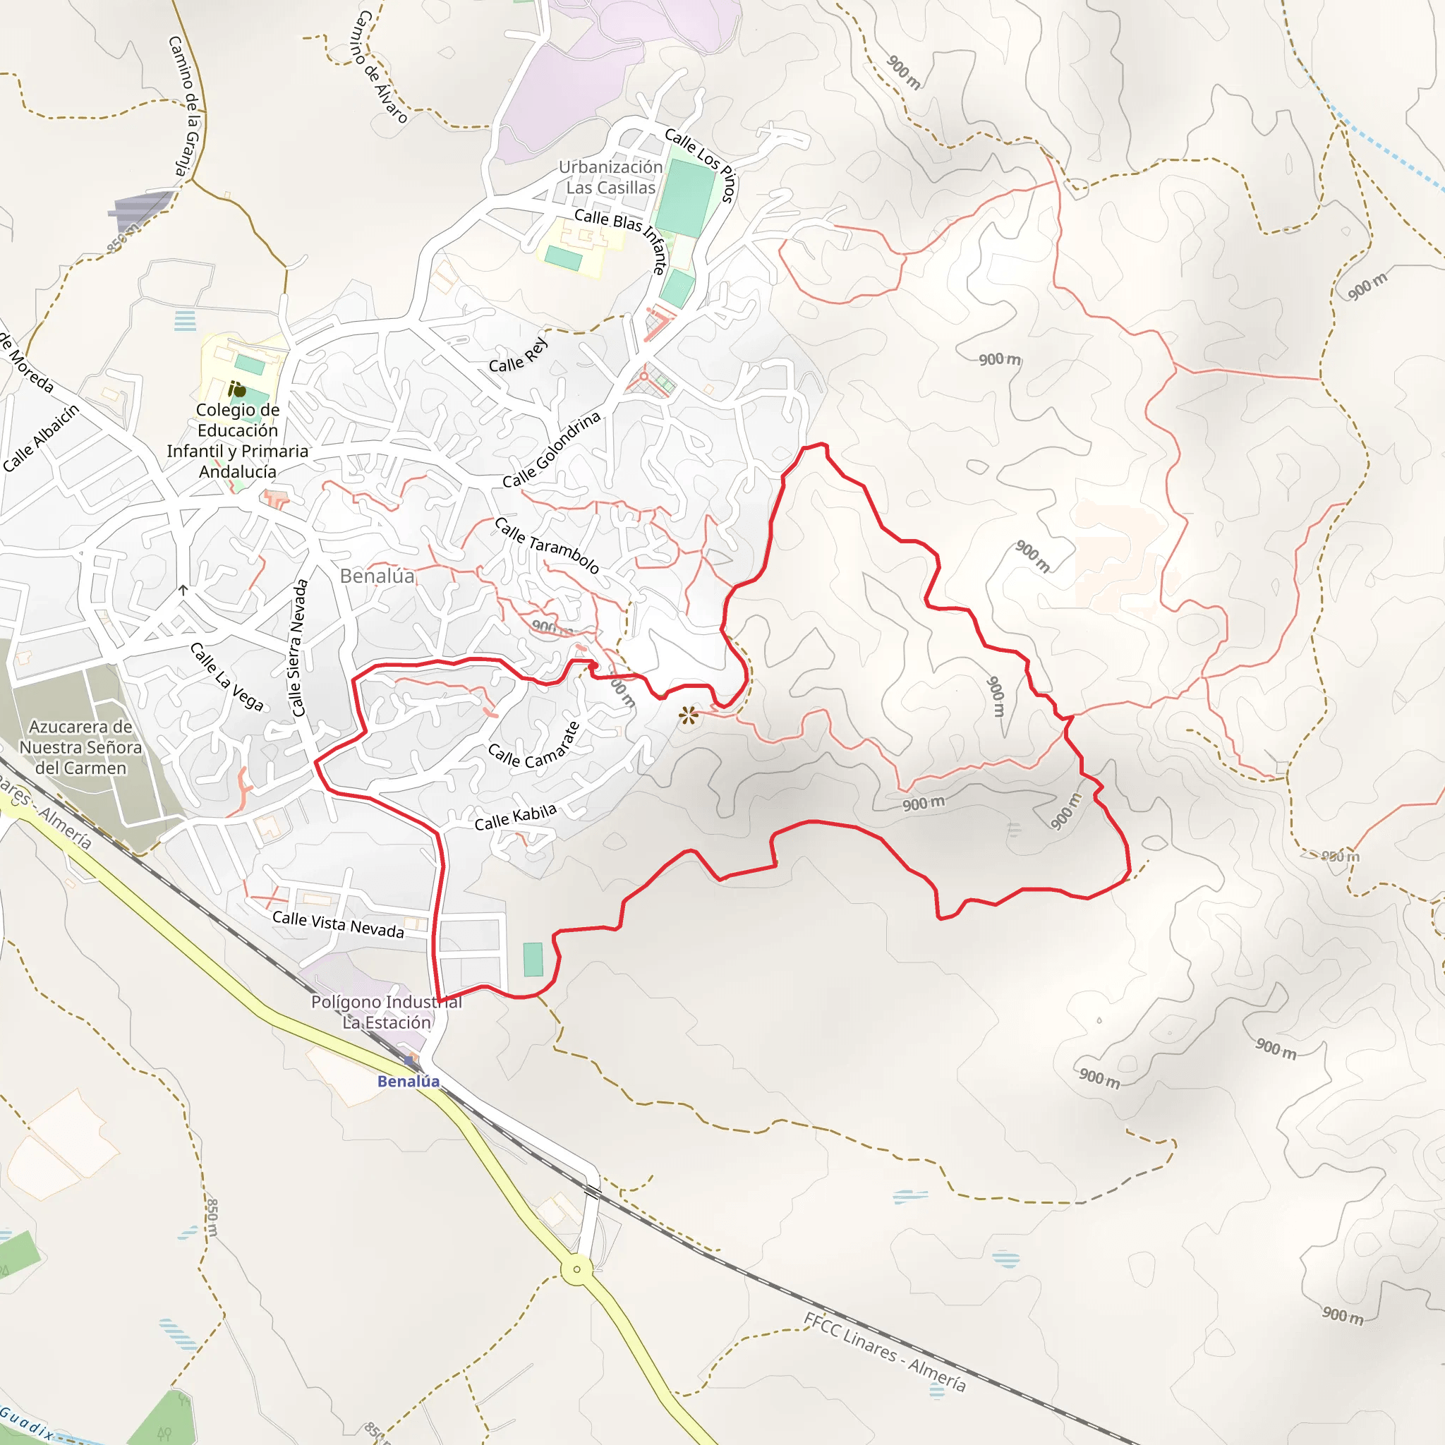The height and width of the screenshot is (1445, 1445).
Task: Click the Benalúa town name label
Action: (x=377, y=576)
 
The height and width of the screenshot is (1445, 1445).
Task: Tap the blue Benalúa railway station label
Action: (x=409, y=1081)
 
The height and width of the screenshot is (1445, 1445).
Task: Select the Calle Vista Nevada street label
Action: (x=338, y=924)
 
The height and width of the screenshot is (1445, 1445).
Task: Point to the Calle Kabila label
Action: (x=515, y=817)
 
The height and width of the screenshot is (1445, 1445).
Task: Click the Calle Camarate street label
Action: (x=534, y=746)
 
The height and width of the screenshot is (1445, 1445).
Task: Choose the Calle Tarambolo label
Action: (x=547, y=546)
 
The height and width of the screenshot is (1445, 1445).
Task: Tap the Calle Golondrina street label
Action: (x=551, y=450)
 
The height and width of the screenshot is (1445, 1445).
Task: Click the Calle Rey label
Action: (x=519, y=356)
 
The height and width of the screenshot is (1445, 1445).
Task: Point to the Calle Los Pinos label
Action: (x=701, y=164)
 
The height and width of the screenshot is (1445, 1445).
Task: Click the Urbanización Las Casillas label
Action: (x=610, y=177)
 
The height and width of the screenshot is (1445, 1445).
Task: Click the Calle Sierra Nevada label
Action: (x=298, y=648)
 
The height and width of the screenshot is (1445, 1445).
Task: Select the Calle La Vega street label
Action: (x=226, y=676)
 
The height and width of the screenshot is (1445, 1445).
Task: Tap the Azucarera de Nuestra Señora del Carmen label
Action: (x=80, y=747)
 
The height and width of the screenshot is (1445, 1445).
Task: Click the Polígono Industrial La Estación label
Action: (x=387, y=1012)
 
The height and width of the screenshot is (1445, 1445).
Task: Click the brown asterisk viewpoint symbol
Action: (x=688, y=715)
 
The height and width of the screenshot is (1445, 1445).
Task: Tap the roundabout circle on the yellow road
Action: (x=576, y=1269)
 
